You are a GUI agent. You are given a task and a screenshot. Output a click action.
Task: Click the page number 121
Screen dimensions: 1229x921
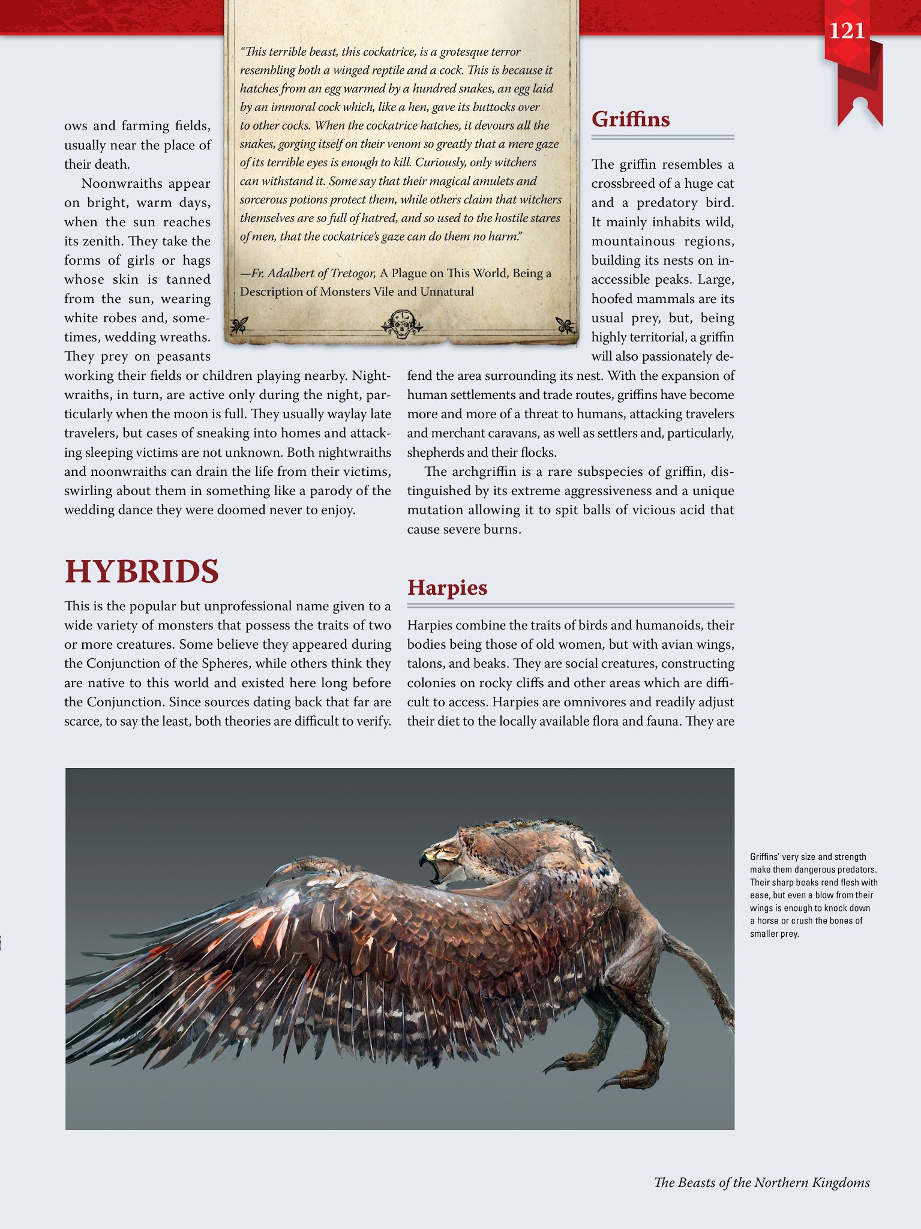tap(847, 31)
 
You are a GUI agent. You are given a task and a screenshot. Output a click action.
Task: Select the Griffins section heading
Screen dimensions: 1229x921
tap(631, 119)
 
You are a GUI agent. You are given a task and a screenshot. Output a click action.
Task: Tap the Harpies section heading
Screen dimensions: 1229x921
tap(447, 587)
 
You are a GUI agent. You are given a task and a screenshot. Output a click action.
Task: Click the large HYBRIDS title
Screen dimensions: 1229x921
tap(142, 571)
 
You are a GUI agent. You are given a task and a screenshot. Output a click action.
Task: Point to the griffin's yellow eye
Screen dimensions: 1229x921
tap(443, 849)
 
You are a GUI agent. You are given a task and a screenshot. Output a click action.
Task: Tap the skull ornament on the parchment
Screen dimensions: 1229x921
tap(401, 324)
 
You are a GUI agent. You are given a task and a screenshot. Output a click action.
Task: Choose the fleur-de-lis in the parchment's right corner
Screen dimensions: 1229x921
tap(564, 325)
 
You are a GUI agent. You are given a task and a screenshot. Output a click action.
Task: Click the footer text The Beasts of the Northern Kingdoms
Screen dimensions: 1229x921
tap(761, 1183)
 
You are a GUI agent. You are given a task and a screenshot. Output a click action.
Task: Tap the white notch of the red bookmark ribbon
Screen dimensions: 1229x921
tap(860, 103)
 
